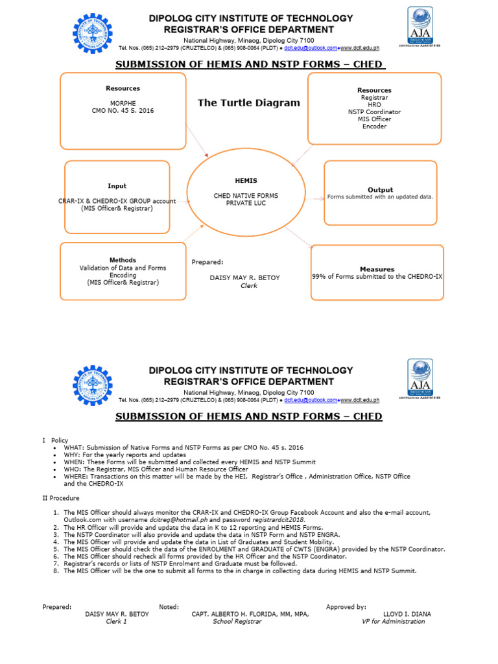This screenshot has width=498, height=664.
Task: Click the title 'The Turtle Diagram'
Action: [248, 102]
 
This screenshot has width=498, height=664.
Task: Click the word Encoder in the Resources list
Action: [374, 126]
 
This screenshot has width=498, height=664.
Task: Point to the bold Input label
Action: [117, 186]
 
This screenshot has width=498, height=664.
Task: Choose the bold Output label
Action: [380, 189]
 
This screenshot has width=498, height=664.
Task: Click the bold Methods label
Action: [123, 260]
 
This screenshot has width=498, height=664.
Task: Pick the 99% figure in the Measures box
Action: [319, 276]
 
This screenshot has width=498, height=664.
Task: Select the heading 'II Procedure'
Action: [61, 498]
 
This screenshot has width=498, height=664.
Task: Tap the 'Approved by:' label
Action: [346, 607]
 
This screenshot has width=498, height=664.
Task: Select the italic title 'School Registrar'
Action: [237, 621]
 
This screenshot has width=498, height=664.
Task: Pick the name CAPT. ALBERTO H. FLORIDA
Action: [239, 614]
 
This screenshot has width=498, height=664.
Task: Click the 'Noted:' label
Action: [169, 607]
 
